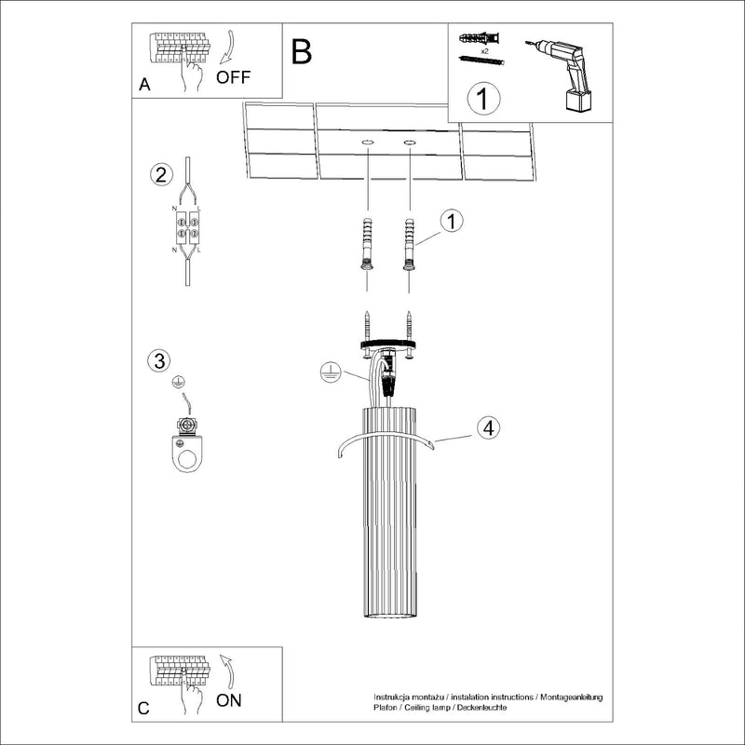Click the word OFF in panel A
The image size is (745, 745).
233,76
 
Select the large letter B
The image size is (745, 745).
301,52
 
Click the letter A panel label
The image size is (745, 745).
144,85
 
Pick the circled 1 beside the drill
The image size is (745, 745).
483,99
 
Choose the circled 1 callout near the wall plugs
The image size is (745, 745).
451,221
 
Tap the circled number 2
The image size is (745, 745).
161,174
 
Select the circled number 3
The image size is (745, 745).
160,360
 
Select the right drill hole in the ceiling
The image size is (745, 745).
410,142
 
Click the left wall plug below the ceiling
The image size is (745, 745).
367,244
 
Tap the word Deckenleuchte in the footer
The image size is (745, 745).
479,709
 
